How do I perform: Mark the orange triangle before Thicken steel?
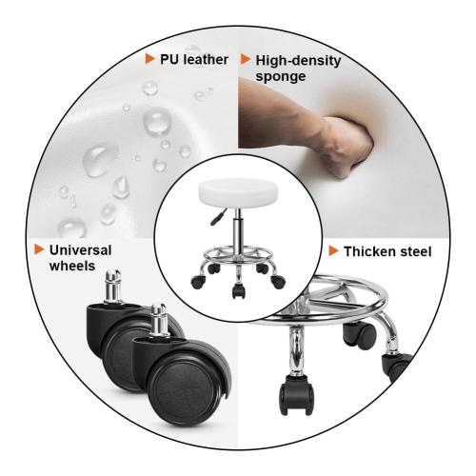click(x=333, y=252)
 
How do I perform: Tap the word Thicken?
click(x=368, y=252)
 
